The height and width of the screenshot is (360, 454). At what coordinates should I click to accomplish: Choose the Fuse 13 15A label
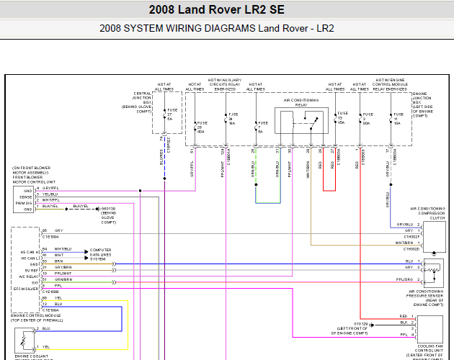(342, 118)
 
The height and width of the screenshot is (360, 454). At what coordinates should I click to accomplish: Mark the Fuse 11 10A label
(396, 118)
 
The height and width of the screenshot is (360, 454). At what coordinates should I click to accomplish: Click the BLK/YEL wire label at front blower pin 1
(51, 206)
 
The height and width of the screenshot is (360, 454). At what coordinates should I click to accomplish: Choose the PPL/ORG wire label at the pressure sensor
(406, 278)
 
